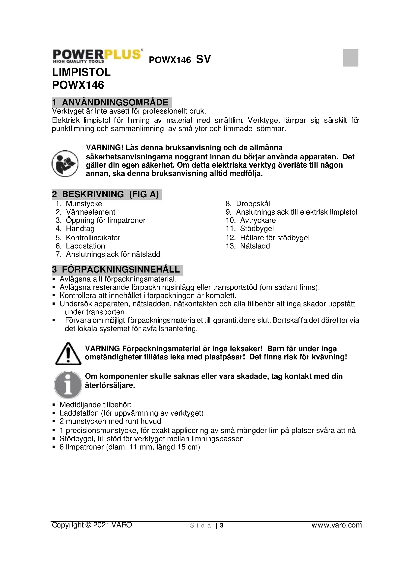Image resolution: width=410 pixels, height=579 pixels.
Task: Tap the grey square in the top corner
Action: (x=351, y=58)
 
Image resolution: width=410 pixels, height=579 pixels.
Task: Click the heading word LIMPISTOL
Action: (x=81, y=72)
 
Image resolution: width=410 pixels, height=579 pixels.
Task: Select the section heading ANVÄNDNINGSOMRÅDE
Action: (x=115, y=102)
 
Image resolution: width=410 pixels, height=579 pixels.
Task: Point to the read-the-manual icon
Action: (x=65, y=163)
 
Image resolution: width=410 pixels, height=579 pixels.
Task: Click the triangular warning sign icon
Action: (x=68, y=354)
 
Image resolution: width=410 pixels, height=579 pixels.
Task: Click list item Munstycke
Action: (x=84, y=204)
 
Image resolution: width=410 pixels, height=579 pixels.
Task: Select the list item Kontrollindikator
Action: (x=93, y=238)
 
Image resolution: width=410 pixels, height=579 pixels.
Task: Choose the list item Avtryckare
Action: (x=258, y=220)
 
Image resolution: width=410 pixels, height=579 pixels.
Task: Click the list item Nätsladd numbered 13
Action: (x=255, y=246)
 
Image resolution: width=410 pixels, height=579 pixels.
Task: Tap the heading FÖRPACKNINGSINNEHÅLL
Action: (x=121, y=270)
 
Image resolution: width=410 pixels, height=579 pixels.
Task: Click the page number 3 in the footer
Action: (x=222, y=526)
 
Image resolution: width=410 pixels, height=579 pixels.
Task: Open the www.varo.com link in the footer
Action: (x=336, y=525)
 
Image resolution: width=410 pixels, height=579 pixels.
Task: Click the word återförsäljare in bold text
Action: (x=110, y=385)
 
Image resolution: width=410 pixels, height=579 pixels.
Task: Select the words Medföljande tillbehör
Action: (x=95, y=405)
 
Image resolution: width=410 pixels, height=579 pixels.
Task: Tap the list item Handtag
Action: (x=80, y=229)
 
